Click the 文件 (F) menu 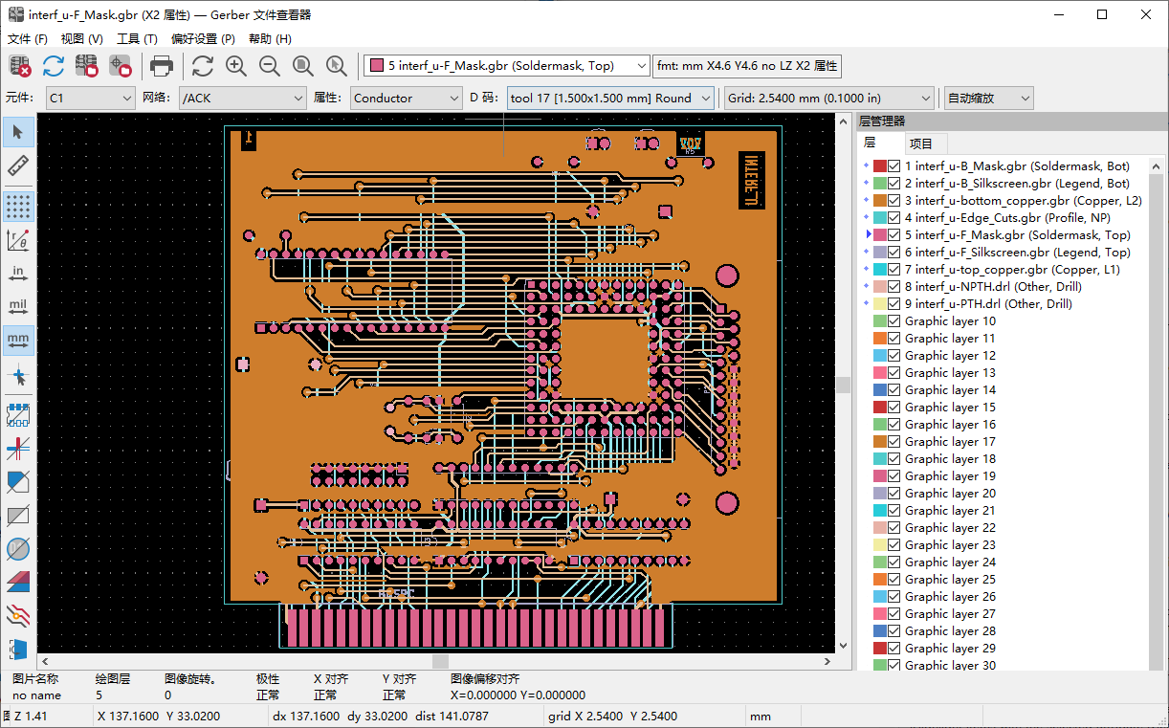[27, 39]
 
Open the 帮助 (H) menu [270, 39]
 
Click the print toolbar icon [162, 66]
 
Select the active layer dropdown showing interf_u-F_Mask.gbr [507, 66]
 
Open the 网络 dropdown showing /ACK [243, 98]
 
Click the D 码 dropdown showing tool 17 [610, 98]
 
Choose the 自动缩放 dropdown [988, 98]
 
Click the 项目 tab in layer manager [920, 143]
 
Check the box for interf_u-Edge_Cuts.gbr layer [893, 218]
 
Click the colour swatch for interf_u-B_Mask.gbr [879, 166]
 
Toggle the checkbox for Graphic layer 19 [893, 476]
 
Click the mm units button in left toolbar [18, 340]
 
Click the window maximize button [1102, 14]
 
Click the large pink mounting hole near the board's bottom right [727, 502]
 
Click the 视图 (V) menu [81, 39]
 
